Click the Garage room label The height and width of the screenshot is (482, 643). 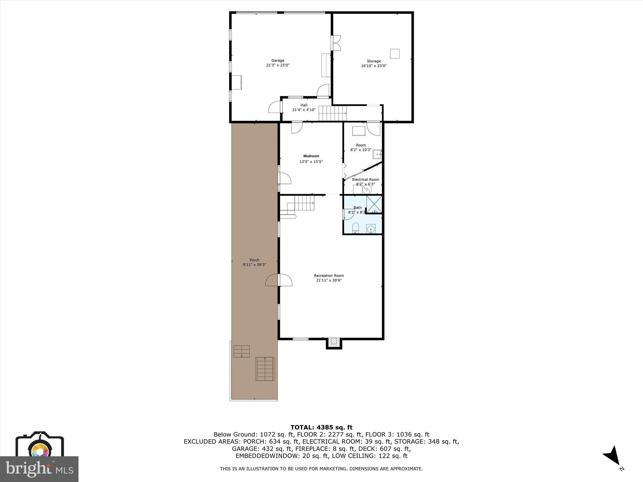click(x=278, y=61)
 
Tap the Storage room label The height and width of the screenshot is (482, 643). click(x=374, y=61)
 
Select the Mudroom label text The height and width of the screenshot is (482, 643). click(x=311, y=156)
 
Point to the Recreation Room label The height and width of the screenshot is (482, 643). click(x=329, y=276)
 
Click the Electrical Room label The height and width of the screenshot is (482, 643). click(x=365, y=179)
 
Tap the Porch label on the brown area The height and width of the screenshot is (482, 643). click(x=255, y=260)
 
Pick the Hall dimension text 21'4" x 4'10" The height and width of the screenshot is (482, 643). click(x=304, y=110)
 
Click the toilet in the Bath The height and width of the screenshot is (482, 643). click(x=356, y=228)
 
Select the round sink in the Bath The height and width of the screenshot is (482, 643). click(x=371, y=229)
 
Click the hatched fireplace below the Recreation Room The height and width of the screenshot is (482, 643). click(x=334, y=343)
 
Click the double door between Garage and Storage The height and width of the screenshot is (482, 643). click(x=336, y=43)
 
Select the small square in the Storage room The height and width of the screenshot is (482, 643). click(x=395, y=54)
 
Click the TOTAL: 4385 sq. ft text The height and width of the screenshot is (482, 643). click(x=321, y=427)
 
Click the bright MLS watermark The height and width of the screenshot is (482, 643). click(x=40, y=469)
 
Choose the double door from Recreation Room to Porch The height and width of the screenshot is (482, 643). click(x=279, y=280)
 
